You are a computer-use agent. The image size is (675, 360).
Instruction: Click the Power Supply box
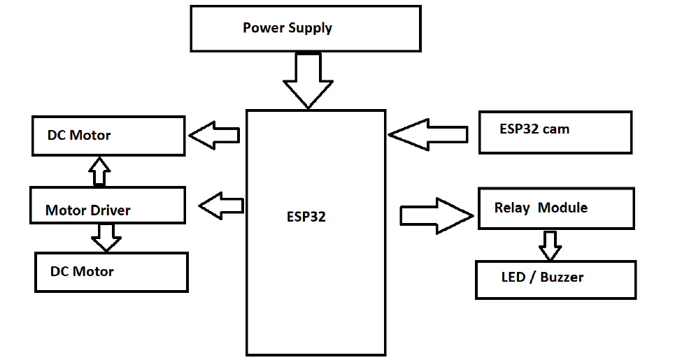(x=305, y=29)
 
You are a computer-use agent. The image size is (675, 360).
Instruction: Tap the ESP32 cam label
(x=534, y=129)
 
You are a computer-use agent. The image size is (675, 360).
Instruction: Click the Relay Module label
(x=541, y=208)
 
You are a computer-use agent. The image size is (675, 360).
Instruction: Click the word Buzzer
(x=561, y=277)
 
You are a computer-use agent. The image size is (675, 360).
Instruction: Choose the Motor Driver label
(x=88, y=210)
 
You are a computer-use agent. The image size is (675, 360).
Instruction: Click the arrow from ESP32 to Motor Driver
(x=221, y=206)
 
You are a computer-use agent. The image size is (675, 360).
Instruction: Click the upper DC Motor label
(x=79, y=135)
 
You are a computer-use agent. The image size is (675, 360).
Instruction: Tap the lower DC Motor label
(x=82, y=271)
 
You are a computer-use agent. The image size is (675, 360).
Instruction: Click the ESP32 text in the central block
(x=306, y=217)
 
